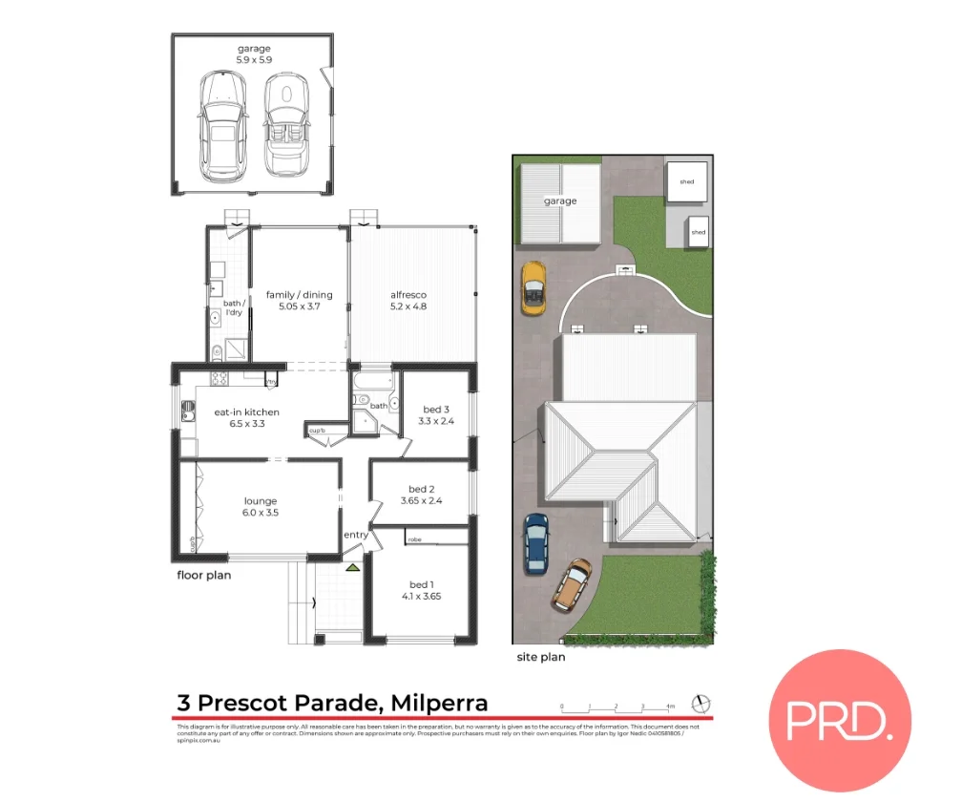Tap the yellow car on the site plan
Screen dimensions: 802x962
pyautogui.click(x=533, y=287)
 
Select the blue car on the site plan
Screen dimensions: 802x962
pyautogui.click(x=536, y=543)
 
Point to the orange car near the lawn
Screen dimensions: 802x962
pyautogui.click(x=571, y=585)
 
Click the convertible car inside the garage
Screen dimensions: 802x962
pyautogui.click(x=282, y=124)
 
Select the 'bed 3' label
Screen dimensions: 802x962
pyautogui.click(x=434, y=414)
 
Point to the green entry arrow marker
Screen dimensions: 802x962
pyautogui.click(x=353, y=567)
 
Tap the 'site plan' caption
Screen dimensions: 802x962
pyautogui.click(x=540, y=657)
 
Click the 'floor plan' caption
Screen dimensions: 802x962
pyautogui.click(x=204, y=576)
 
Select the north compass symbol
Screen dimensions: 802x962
pyautogui.click(x=703, y=704)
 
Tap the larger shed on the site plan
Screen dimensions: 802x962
pyautogui.click(x=687, y=181)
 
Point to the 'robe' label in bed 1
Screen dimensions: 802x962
pyautogui.click(x=414, y=540)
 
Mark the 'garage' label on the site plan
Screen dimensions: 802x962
pyautogui.click(x=560, y=201)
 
